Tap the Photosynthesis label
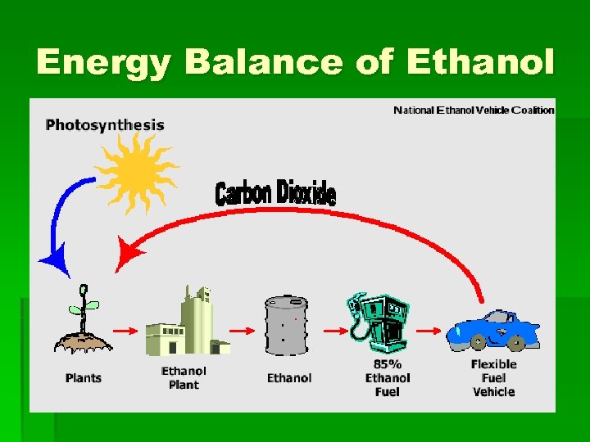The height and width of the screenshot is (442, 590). (105, 125)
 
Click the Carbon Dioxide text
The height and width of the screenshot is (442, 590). (275, 193)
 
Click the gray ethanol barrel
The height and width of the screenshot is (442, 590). (286, 325)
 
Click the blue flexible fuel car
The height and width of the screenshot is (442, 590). (492, 331)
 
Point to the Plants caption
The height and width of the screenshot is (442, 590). (84, 378)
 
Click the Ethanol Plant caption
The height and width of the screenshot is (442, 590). (184, 377)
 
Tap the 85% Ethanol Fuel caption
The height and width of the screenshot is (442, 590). (387, 377)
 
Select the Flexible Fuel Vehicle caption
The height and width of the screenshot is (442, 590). (493, 377)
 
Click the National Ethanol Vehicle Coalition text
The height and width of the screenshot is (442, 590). (474, 110)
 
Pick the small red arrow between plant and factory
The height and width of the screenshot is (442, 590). (125, 331)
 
